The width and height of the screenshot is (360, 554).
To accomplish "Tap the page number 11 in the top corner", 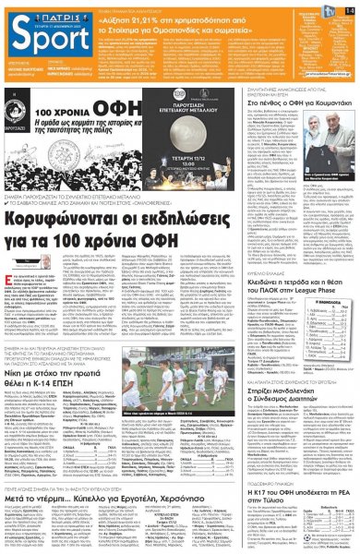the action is pyautogui.click(x=350, y=8).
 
